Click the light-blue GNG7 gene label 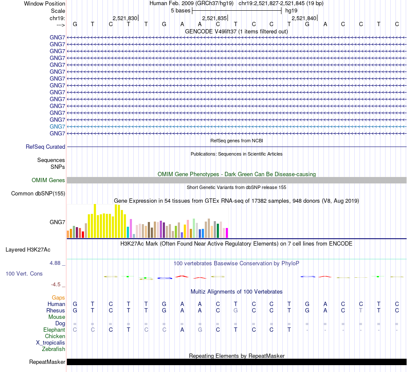click(x=57, y=126)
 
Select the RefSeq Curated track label click(x=45, y=147)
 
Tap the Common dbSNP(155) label click(x=38, y=194)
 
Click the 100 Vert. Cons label click(x=24, y=273)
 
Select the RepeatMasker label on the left click(x=47, y=362)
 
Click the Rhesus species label click(x=56, y=310)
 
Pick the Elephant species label click(x=54, y=330)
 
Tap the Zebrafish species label click(x=54, y=349)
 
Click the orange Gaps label click(x=58, y=297)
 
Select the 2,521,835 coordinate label click(x=214, y=18)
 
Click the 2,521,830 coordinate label click(x=125, y=18)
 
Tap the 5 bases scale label click(x=180, y=10)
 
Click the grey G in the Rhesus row click(x=236, y=310)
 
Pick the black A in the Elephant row click(x=182, y=330)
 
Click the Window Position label click(x=45, y=3)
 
